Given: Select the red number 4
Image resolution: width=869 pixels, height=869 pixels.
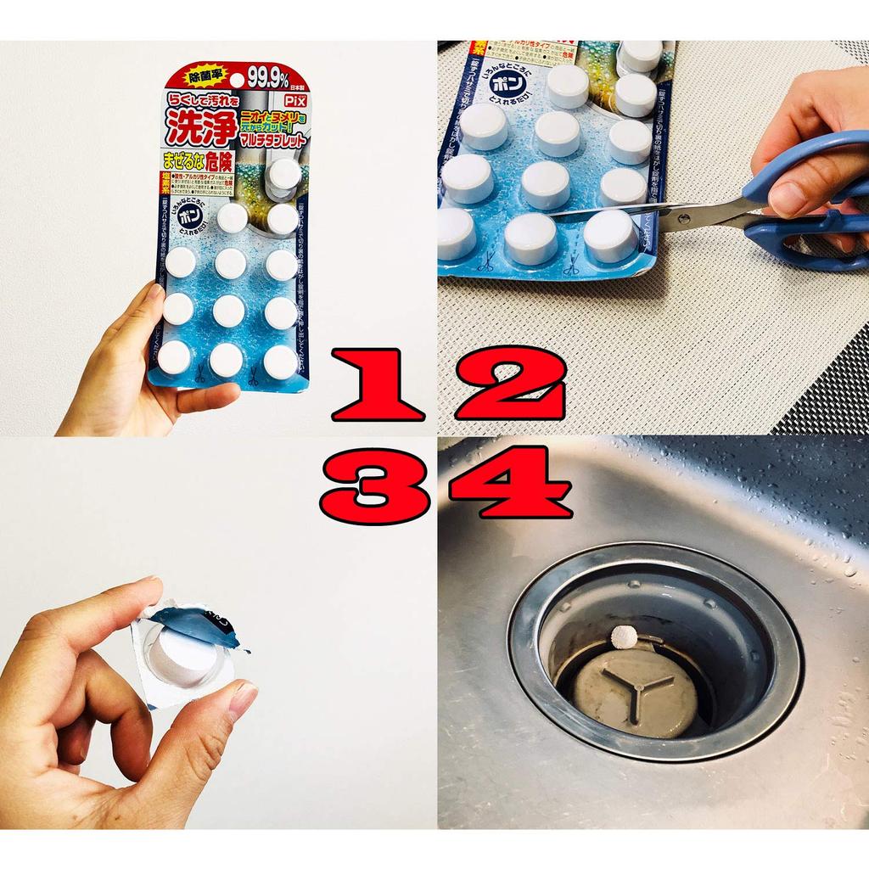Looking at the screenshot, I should coord(512,484).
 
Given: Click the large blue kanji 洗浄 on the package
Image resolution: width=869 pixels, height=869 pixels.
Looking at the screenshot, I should coord(192,127).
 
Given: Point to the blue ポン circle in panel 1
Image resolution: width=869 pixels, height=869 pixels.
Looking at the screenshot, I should coord(189,217).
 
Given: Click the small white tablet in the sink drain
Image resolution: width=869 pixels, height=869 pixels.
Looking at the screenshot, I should coord(625,634).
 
